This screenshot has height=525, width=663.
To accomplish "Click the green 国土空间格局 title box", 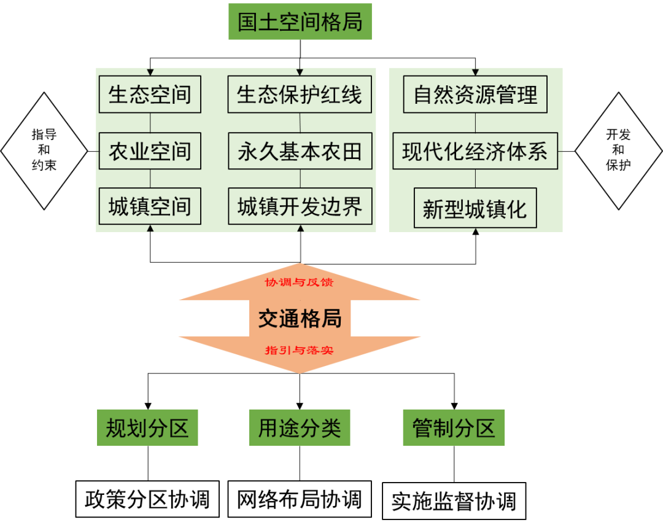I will tap(300, 22).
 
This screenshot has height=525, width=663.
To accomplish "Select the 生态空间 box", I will tap(150, 95).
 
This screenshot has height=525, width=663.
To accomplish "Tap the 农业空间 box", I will tap(150, 151).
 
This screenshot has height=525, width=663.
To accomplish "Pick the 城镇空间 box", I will tap(150, 206).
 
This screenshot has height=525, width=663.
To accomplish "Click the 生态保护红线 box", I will tap(300, 95).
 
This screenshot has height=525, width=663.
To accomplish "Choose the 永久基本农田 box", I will tap(300, 151).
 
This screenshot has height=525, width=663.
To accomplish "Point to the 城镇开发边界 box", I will tap(300, 206).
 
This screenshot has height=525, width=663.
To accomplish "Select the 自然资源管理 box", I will tap(475, 95).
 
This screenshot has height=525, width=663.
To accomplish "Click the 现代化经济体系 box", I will tap(475, 151).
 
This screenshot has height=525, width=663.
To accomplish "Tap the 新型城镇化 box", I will tap(475, 209).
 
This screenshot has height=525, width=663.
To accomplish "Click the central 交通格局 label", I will tap(300, 318).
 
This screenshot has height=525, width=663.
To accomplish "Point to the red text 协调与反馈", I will tap(299, 282).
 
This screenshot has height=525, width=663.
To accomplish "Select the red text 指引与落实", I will tap(299, 351).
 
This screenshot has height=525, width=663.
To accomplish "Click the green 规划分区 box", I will tap(147, 427).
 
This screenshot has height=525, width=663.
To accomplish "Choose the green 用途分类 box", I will tap(300, 427).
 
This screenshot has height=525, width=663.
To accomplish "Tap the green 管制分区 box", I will tap(454, 427).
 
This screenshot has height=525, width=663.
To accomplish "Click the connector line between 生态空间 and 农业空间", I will tap(150, 123).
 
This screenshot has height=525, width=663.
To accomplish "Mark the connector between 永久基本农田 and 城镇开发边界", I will tap(300, 179).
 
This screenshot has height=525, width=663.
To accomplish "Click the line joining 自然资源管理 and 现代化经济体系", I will tap(475, 123).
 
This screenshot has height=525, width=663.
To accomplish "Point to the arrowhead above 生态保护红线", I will tap(300, 72).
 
